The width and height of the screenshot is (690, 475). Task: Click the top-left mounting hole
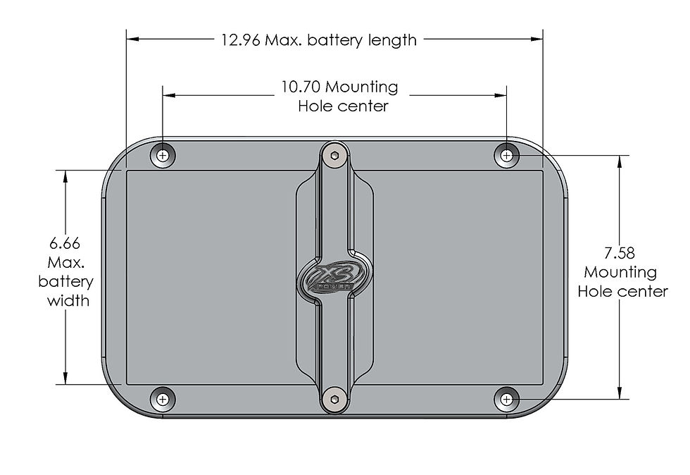[163, 155]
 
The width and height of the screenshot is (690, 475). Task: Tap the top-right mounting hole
[506, 155]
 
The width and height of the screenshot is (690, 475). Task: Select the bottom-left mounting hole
[163, 400]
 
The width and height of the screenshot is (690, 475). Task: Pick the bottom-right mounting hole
[506, 400]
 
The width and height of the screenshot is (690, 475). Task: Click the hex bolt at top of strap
[335, 156]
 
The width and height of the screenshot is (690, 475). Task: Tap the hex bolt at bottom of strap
[335, 400]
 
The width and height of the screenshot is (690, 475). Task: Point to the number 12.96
[241, 40]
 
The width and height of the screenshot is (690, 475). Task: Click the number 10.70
[301, 87]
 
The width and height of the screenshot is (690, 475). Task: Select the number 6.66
[65, 243]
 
